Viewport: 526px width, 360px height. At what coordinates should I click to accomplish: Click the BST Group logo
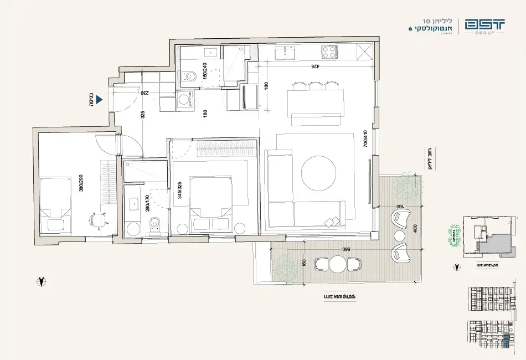point(484,26)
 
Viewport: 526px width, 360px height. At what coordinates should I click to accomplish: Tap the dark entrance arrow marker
point(100,100)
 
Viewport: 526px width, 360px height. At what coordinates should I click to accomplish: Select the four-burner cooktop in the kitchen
point(329,53)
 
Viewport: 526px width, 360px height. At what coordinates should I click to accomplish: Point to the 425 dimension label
point(314,66)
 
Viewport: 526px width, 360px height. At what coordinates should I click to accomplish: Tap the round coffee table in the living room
point(318,172)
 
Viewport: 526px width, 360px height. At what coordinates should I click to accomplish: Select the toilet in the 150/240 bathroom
point(189,76)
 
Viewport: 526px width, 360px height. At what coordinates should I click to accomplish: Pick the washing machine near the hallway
point(183,101)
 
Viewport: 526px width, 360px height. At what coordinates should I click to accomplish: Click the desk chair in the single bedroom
point(97,220)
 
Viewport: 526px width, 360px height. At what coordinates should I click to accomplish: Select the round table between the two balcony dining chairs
point(337,264)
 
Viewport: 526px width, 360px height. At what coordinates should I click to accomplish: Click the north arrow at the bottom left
point(41,281)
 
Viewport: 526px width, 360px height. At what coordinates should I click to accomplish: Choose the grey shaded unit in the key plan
point(494,244)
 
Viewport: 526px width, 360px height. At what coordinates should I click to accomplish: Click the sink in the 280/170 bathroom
point(134,204)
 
